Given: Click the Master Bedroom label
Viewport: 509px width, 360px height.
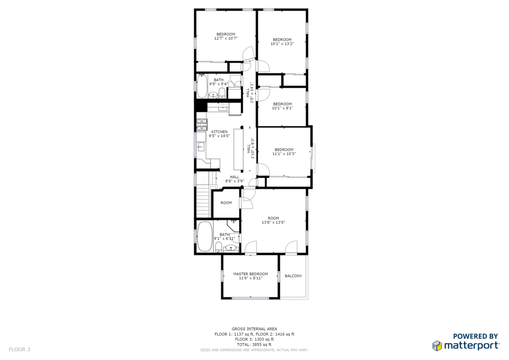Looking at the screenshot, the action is [x=251, y=274].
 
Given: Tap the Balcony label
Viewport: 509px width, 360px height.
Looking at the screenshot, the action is [x=293, y=276].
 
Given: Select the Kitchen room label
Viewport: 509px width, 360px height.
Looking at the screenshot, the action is [x=219, y=132].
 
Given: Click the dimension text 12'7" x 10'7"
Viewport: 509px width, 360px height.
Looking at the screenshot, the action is [x=226, y=38].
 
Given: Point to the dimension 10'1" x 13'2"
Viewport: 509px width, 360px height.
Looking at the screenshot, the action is [x=282, y=44].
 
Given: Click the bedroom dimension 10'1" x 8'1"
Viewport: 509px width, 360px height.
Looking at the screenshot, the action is [x=282, y=108].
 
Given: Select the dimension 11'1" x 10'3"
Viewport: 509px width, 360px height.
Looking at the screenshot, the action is [x=284, y=154].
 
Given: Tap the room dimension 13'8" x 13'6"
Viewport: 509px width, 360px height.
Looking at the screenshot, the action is [x=273, y=222].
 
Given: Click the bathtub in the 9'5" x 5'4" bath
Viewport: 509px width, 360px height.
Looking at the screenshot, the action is [x=202, y=86].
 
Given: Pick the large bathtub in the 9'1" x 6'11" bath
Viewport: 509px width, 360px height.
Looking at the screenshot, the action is [x=204, y=236].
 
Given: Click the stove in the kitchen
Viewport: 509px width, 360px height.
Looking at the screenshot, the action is [x=202, y=125].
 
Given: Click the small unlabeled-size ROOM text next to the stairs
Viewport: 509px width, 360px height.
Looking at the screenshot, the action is [x=226, y=203].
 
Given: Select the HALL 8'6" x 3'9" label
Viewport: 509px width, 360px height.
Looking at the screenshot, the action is [x=235, y=179].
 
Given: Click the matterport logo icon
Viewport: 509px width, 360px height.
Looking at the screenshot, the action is [x=437, y=346].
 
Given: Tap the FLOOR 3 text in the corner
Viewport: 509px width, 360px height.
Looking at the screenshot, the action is [x=19, y=350].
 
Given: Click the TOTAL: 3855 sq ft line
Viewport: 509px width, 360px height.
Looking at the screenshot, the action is [x=254, y=345].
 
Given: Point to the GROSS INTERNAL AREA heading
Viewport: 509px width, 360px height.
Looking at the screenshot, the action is [x=254, y=329].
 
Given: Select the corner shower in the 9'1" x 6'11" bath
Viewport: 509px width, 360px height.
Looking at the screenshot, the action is [x=233, y=226].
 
